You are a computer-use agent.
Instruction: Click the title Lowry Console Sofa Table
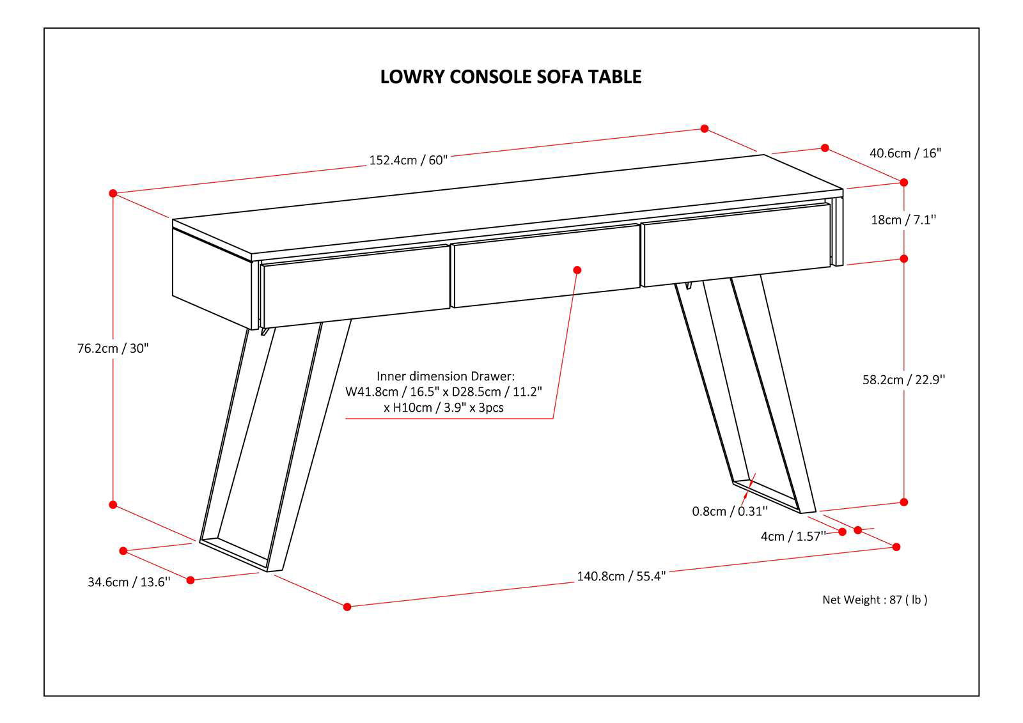pos(511,77)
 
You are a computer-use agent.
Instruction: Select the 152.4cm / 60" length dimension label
pos(408,160)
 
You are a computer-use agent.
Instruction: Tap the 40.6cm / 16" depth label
pos(905,153)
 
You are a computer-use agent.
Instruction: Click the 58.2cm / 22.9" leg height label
pos(903,380)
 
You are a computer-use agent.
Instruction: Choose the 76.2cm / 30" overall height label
pos(113,348)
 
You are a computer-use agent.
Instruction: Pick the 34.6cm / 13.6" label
pos(129,582)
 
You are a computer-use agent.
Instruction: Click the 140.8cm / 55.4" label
pos(621,576)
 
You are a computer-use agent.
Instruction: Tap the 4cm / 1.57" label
pos(793,536)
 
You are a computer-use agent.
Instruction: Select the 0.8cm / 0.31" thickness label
pos(730,511)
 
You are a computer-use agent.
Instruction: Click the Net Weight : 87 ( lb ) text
pos(874,600)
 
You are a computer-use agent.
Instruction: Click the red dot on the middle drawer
pos(577,270)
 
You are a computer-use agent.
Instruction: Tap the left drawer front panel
pos(355,285)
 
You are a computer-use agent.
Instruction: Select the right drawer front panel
pos(735,245)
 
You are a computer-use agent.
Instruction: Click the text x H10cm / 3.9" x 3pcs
pos(444,408)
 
